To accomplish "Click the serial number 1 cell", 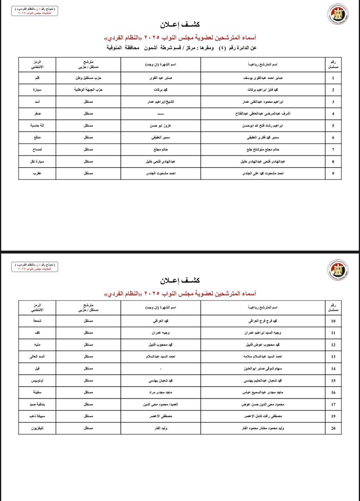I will (x=333, y=78).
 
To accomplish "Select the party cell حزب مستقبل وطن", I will (x=88, y=78).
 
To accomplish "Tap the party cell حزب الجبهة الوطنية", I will (x=88, y=90).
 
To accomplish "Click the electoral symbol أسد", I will (x=37, y=102).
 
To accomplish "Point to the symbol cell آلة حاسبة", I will (x=37, y=126).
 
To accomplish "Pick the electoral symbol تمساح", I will (x=37, y=150).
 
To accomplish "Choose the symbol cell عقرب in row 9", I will (x=37, y=173).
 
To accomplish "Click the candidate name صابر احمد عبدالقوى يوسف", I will (x=263, y=78).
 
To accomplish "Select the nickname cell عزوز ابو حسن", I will (x=160, y=126).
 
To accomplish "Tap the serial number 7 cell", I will (x=333, y=150).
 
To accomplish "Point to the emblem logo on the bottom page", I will (x=338, y=270).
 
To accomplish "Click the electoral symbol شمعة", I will (x=37, y=321).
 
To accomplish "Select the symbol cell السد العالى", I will (x=37, y=357).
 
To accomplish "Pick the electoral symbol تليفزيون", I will (x=37, y=428).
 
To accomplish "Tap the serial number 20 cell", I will (x=333, y=428).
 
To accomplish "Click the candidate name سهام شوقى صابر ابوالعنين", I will (x=263, y=369).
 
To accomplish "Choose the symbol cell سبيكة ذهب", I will (x=37, y=416).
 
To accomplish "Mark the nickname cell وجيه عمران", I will (x=160, y=333).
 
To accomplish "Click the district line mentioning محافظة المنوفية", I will (x=182, y=48).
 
